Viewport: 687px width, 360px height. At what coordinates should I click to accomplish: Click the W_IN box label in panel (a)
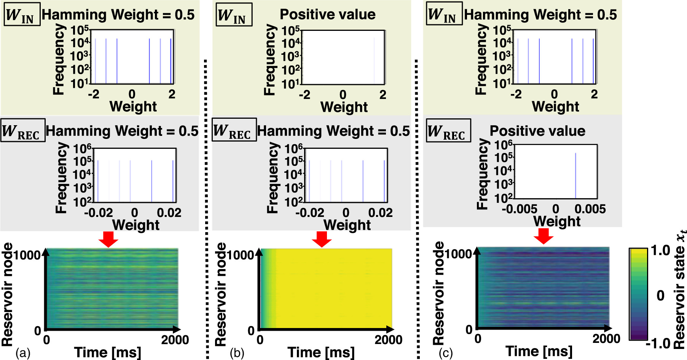(22, 14)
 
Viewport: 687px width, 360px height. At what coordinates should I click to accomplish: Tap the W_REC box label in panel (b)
(234, 130)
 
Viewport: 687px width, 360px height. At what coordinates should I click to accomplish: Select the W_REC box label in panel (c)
(448, 131)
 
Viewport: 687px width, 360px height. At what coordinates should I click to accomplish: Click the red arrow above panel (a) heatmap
(108, 239)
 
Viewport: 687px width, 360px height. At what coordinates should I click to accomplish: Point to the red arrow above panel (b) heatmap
(322, 239)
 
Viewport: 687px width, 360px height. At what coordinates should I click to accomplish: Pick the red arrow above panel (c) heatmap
(544, 236)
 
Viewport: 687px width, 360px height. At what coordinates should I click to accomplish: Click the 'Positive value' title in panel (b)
(327, 14)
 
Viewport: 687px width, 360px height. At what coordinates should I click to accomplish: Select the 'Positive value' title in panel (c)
(537, 131)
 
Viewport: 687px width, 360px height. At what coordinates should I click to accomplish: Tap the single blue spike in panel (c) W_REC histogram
(575, 175)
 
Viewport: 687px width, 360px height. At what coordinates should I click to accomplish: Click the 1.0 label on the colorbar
(660, 250)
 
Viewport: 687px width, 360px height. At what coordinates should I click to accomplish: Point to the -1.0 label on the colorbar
(658, 344)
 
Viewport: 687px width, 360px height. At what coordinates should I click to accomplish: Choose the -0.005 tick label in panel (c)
(520, 209)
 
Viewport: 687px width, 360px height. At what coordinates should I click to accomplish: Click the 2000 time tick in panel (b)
(388, 339)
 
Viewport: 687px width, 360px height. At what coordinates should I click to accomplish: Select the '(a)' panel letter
(22, 353)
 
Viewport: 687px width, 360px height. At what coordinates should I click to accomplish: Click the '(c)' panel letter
(446, 353)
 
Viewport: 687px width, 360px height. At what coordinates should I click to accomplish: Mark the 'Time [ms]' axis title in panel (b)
(321, 352)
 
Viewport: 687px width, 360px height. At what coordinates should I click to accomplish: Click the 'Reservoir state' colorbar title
(679, 289)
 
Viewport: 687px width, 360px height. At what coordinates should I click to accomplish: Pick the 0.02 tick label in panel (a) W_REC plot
(169, 212)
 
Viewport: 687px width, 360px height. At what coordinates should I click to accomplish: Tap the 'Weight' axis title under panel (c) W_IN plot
(555, 107)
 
